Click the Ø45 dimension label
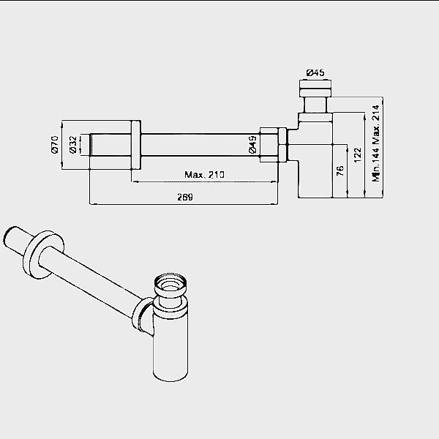(x=315, y=72)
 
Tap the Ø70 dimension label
(x=55, y=144)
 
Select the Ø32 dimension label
(x=72, y=144)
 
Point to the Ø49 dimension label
(x=252, y=144)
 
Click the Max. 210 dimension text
(x=204, y=175)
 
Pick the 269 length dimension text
(x=185, y=197)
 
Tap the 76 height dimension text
(x=340, y=170)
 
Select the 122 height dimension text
(x=358, y=155)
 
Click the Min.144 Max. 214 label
(x=376, y=143)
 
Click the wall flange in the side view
(x=136, y=145)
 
